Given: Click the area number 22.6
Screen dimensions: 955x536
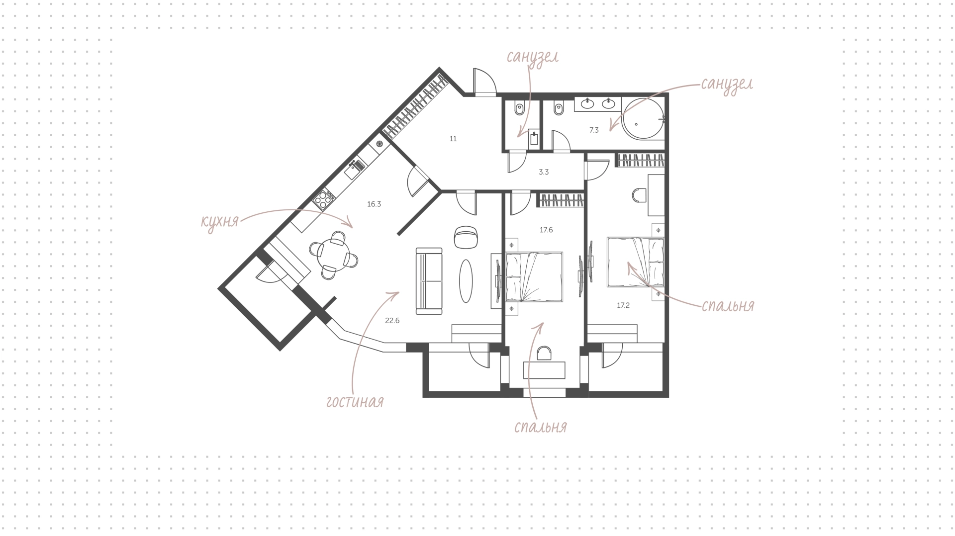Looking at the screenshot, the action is [x=392, y=321].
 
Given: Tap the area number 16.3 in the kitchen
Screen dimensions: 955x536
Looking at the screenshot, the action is [x=374, y=204].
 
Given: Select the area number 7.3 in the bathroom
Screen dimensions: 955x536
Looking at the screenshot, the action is [x=594, y=130].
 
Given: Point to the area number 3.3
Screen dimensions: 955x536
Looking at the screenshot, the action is [x=544, y=172].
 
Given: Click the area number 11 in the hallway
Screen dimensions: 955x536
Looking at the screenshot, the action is [x=453, y=139].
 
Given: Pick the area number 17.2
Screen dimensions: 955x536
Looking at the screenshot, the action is [x=623, y=306].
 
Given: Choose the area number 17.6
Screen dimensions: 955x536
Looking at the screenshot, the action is [x=546, y=230].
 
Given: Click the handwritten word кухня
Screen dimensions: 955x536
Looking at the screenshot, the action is [x=220, y=222].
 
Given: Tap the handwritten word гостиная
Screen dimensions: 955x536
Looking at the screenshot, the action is [x=355, y=402].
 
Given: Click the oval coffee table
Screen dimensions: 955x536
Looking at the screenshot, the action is [x=467, y=281].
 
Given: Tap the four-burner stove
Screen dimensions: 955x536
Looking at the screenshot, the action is [x=323, y=200].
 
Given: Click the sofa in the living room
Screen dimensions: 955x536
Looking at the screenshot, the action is [x=429, y=281].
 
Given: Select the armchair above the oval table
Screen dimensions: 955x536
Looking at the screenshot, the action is [x=466, y=237].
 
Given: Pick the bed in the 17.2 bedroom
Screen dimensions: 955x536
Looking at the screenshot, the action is [x=635, y=262].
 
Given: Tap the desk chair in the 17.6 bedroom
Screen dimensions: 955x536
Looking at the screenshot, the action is [x=545, y=354].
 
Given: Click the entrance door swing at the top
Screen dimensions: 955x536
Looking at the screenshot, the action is [x=484, y=81].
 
